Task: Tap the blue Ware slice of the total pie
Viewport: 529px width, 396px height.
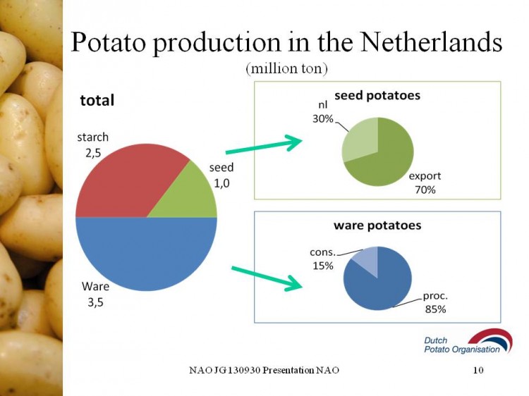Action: tap(146, 253)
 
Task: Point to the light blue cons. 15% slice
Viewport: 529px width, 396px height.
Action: tap(367, 259)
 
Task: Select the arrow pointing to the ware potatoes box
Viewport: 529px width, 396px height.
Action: tap(267, 278)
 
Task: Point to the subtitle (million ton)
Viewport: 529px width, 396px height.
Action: tap(287, 68)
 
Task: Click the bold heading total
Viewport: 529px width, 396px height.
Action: tap(97, 101)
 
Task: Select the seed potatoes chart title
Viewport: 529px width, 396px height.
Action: tap(377, 95)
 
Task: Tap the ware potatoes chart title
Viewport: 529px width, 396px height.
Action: tap(377, 225)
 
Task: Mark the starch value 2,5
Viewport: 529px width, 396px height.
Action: tap(93, 154)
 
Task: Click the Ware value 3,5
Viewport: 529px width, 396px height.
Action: tap(95, 302)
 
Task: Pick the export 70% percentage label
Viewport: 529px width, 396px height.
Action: tap(425, 190)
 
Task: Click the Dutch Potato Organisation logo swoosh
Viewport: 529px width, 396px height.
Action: tap(491, 340)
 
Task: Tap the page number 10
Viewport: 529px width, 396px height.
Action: tap(478, 370)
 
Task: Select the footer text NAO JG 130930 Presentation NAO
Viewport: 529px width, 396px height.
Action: tap(264, 370)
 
